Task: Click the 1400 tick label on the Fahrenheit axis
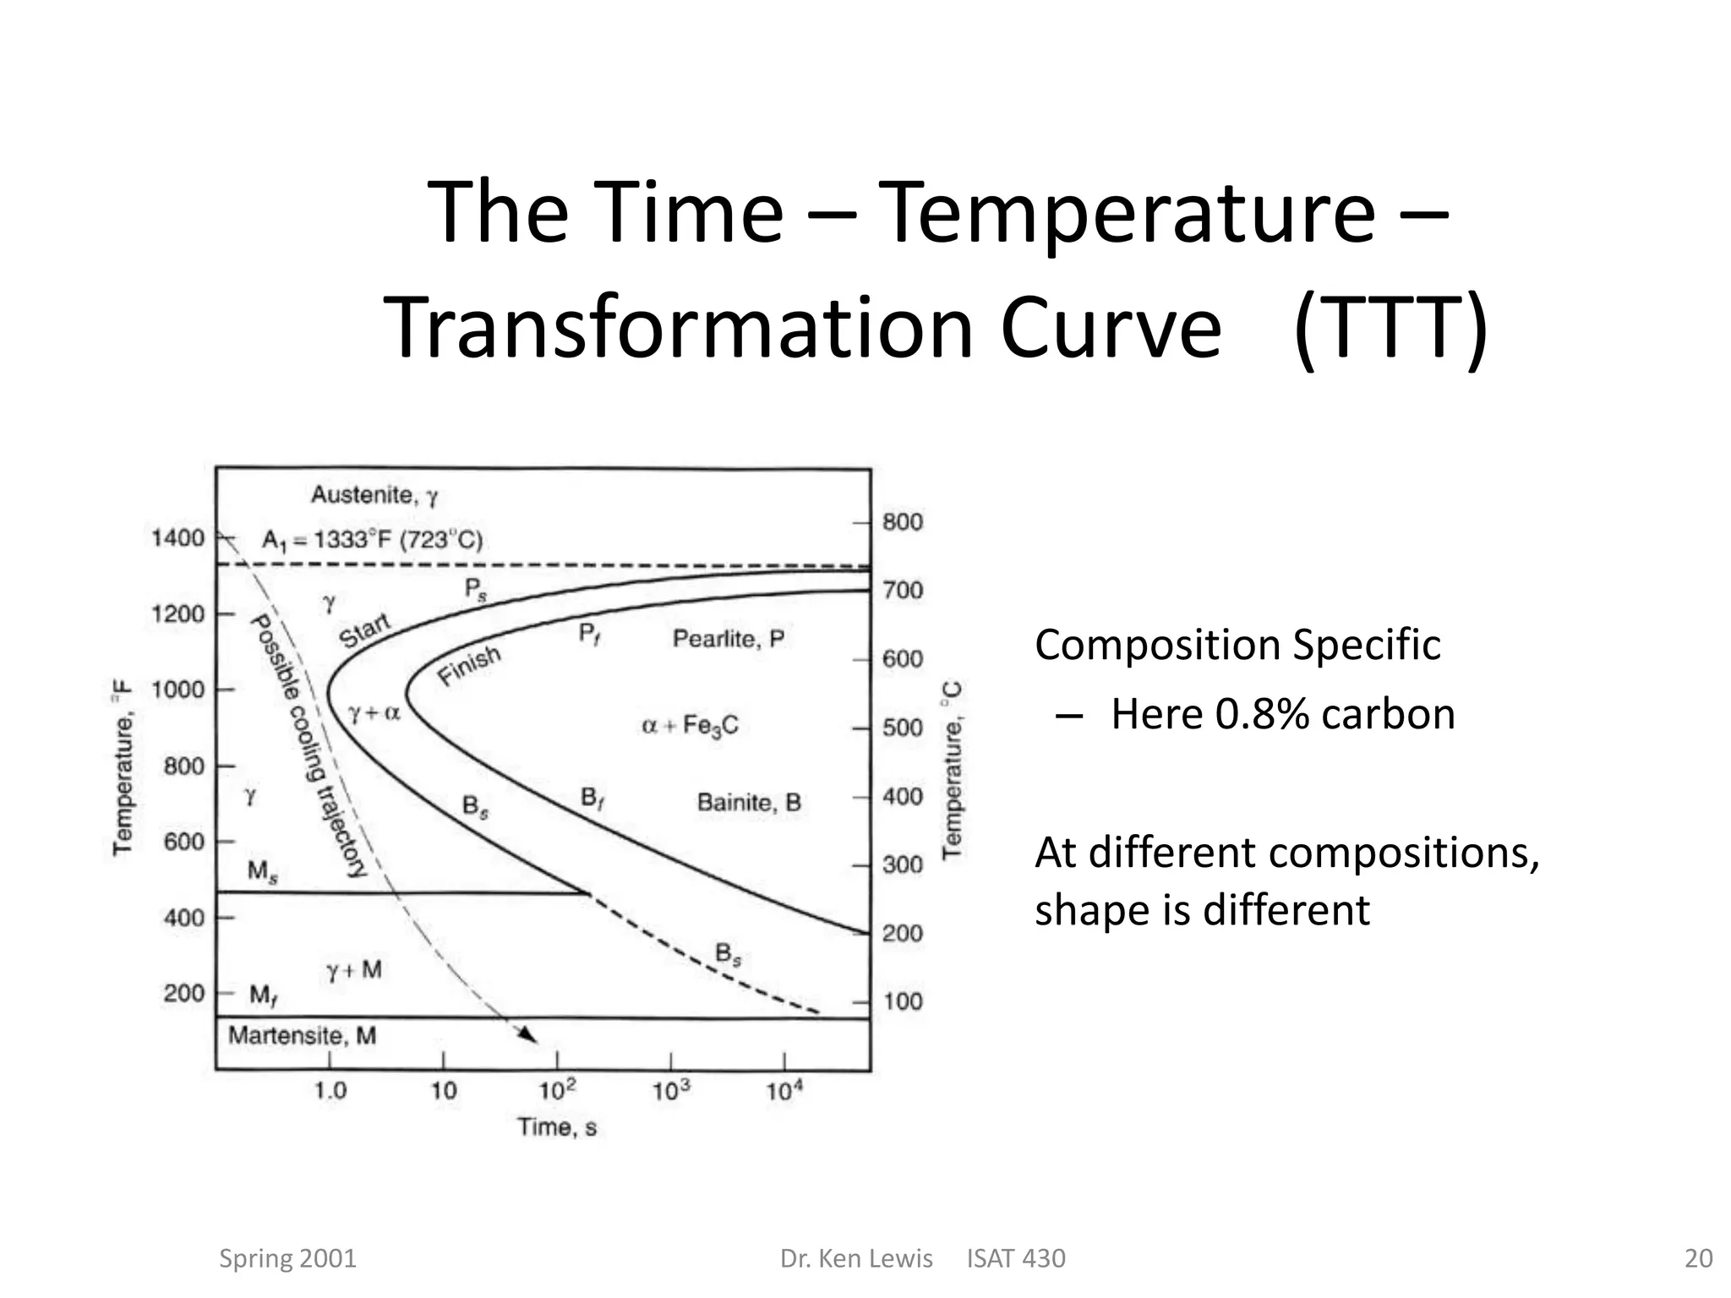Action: (x=177, y=538)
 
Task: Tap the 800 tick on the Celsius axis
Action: (x=903, y=522)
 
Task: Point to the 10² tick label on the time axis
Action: (x=557, y=1091)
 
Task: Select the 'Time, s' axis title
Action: (x=557, y=1127)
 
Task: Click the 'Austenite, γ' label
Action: (x=374, y=495)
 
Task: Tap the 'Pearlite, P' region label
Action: (x=728, y=639)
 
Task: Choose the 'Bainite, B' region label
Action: (x=748, y=802)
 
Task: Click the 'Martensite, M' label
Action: (x=302, y=1036)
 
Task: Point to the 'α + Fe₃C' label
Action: (x=690, y=726)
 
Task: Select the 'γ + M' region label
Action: (x=354, y=970)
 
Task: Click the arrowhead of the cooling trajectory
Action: (x=530, y=1037)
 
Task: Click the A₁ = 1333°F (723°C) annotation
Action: (x=372, y=540)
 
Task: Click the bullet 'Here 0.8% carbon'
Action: (x=1282, y=715)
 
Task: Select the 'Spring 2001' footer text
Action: (x=287, y=1258)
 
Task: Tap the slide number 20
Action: (x=1698, y=1258)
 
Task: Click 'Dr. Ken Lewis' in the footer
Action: (x=855, y=1258)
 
